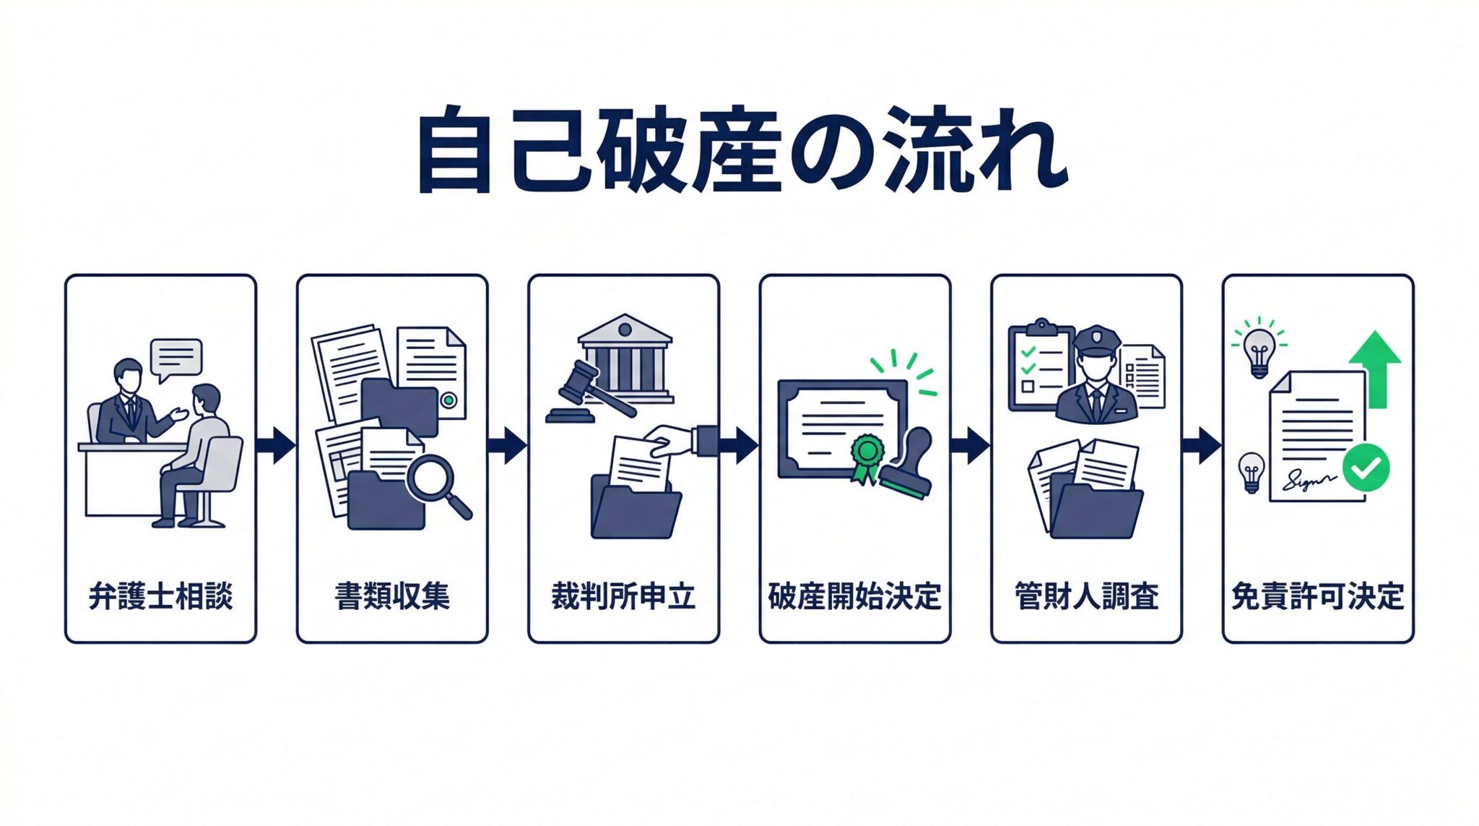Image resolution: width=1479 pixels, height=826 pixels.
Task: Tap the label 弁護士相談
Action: tap(160, 596)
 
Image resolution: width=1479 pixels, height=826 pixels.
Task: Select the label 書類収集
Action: tap(392, 596)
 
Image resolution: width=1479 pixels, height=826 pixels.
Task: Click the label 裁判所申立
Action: tap(623, 596)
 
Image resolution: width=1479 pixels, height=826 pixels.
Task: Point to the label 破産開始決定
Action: tap(854, 596)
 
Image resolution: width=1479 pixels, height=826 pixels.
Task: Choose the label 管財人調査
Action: tap(1086, 596)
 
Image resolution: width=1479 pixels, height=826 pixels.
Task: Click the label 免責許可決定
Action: tap(1317, 596)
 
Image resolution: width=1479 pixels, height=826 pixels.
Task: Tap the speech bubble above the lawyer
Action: tap(175, 358)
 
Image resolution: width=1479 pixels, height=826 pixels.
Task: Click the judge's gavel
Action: tap(581, 387)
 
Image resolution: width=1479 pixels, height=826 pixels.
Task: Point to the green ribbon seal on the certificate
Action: tap(867, 454)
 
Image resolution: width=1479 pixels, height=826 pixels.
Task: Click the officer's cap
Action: tap(1097, 340)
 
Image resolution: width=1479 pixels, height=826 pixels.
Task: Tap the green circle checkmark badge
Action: tap(1366, 468)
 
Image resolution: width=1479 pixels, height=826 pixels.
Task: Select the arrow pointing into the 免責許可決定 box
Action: tap(1202, 444)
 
